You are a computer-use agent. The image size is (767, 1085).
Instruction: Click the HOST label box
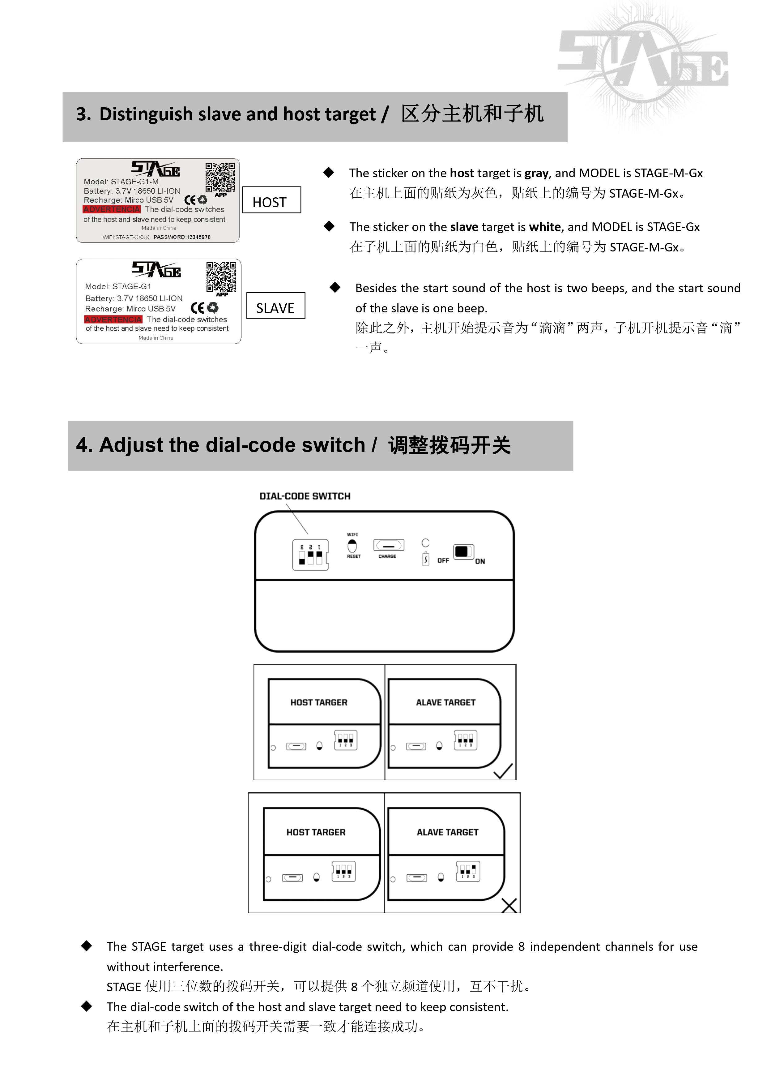(x=271, y=200)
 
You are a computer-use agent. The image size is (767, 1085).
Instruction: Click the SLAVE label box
(x=276, y=306)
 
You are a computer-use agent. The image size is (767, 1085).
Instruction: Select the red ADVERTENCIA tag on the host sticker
(x=112, y=209)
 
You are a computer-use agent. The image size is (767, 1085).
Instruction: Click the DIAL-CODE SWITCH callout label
(x=305, y=496)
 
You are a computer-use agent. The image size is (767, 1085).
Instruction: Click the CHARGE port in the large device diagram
(x=389, y=545)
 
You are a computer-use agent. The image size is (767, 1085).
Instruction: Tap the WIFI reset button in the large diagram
(x=352, y=546)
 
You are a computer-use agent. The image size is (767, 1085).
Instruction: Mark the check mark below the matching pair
(x=503, y=771)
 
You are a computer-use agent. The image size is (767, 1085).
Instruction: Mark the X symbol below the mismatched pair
(x=509, y=905)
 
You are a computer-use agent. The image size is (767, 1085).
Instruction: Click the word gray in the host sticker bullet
(x=536, y=174)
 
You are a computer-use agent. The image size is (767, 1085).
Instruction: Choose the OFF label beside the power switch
(x=443, y=560)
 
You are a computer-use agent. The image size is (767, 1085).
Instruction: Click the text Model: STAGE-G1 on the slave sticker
(x=118, y=286)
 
